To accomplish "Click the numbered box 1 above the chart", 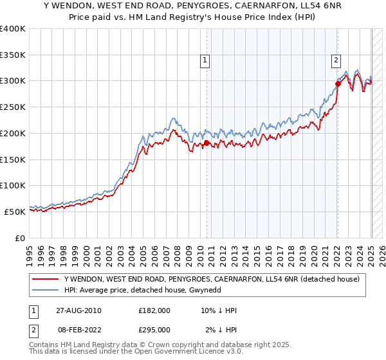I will pos(205,61).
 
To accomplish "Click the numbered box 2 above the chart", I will pos(336,61).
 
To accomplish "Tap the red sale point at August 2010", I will pos(207,143).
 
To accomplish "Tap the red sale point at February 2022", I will pos(338,83).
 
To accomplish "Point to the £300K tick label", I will pos(13,81).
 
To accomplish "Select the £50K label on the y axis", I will pos(15,212).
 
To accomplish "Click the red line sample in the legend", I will pos(46,279).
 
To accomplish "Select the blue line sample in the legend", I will pos(46,291).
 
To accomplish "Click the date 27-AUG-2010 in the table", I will pos(78,310).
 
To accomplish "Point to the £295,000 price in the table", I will pos(154,330).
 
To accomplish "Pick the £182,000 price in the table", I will pos(154,310).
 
